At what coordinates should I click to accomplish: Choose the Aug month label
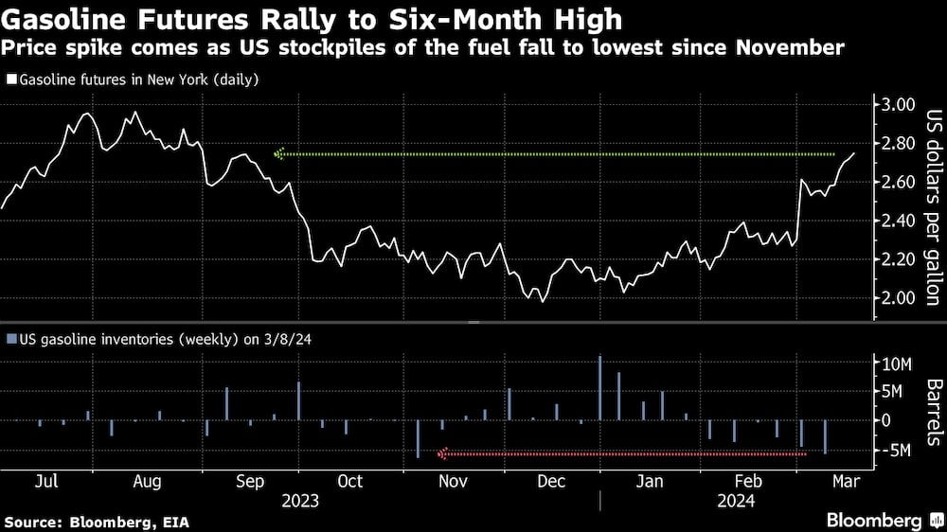146,481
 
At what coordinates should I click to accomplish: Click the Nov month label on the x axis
453,481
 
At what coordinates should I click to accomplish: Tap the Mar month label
845,481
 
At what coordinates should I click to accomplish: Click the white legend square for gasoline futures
10,80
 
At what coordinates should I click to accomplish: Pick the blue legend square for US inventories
10,339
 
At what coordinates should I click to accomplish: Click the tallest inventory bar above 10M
600,388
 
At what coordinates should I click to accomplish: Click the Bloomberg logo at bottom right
874,521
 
